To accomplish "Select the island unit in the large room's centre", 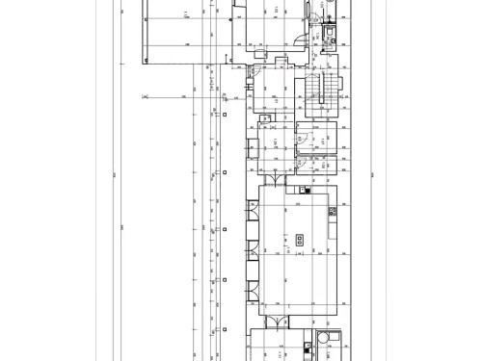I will [x=299, y=240].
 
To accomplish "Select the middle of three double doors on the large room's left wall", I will [x=254, y=247].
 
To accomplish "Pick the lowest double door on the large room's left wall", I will [x=254, y=287].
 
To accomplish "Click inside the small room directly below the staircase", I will [x=319, y=136].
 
